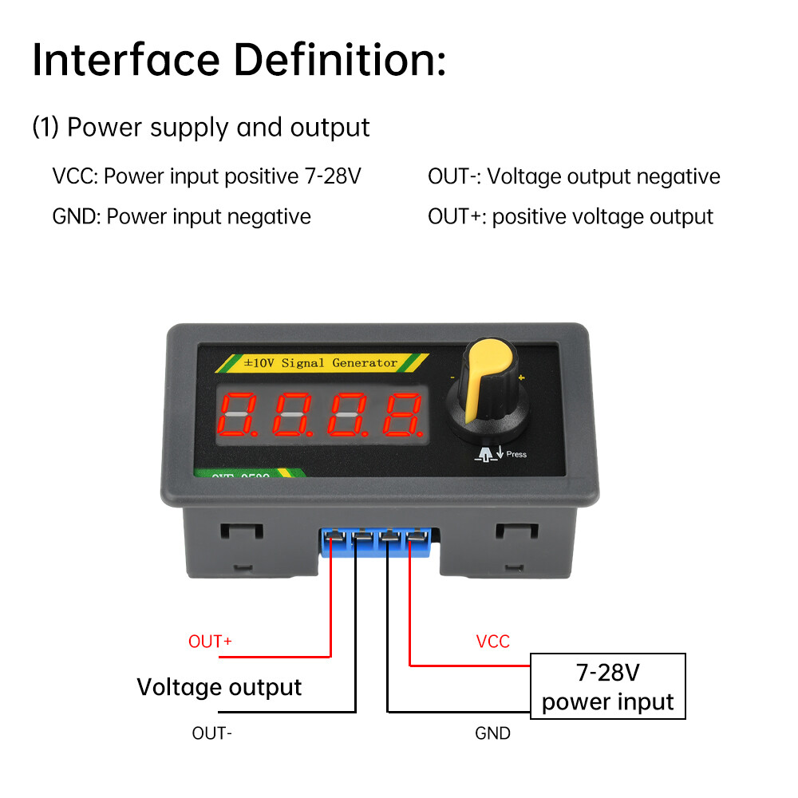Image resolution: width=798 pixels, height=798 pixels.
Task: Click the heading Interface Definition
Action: pos(239,61)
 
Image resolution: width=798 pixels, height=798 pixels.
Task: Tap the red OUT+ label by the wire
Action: pos(210,642)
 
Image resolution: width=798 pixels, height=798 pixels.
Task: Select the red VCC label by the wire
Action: pos(492,642)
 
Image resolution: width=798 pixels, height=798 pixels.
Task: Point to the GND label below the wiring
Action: pos(492,733)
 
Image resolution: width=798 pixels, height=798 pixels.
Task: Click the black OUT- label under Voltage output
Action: pos(212,733)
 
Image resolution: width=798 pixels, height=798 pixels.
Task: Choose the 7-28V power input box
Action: pos(608,687)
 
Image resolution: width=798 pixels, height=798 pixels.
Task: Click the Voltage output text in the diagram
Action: pos(219,687)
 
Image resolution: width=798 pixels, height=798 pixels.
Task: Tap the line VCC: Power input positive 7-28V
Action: pos(207,176)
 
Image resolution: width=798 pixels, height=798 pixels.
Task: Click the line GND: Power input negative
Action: pos(181,216)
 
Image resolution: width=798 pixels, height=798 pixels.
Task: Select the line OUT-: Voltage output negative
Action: pos(574,176)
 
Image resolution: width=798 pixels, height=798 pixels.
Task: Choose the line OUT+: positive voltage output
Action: pos(571,216)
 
